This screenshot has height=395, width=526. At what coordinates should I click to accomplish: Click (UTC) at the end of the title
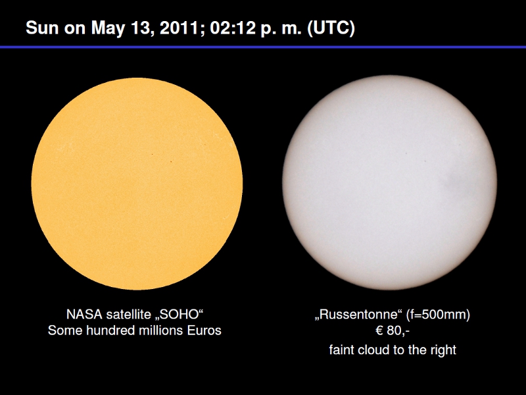point(331,28)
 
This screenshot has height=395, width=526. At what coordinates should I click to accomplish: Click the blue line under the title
point(263,47)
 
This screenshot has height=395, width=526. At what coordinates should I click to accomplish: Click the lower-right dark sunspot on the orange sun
point(171,161)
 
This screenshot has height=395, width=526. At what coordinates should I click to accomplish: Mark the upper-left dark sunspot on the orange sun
point(152,155)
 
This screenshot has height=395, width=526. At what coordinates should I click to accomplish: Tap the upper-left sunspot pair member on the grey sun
point(406,153)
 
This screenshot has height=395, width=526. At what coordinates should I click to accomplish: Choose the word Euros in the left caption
point(204,331)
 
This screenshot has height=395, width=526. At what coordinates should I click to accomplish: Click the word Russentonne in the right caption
point(358,315)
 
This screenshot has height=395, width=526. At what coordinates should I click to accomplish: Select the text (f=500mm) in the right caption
point(438,315)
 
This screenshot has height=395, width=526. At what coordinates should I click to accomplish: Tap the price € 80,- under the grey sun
point(393,331)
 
